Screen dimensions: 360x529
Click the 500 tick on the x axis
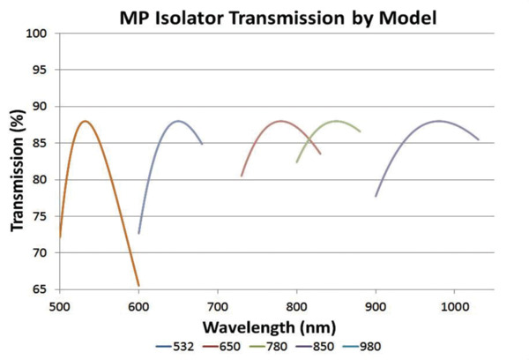59,305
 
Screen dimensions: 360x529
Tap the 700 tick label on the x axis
218,305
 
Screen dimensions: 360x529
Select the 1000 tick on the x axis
455,305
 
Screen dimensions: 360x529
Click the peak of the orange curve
85,121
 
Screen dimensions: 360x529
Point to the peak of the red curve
281,121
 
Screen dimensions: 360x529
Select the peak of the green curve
336,121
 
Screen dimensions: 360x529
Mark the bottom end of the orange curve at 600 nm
138,285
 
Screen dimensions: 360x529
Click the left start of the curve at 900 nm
376,196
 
